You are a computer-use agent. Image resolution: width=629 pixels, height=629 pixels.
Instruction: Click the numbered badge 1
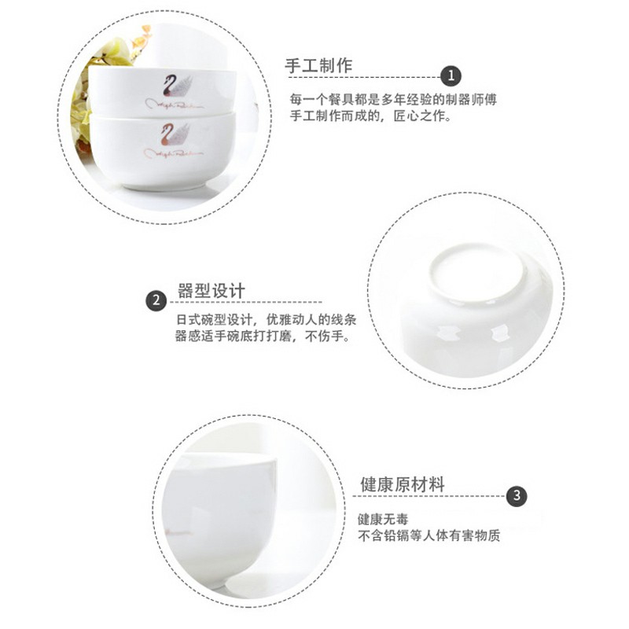click(451, 76)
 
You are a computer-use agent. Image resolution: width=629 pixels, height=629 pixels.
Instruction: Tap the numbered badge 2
click(156, 300)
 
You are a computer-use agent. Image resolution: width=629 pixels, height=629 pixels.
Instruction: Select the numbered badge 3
click(516, 496)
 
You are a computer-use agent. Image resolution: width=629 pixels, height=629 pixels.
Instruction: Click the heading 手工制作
click(318, 66)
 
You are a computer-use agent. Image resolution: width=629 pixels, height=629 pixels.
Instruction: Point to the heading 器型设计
click(212, 291)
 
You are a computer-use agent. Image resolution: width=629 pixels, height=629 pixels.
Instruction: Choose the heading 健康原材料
click(402, 484)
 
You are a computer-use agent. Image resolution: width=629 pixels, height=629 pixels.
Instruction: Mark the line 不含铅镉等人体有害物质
click(429, 537)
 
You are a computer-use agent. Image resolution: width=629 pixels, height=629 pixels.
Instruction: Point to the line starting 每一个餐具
click(393, 101)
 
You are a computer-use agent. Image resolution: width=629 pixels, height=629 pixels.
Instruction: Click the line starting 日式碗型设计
click(260, 320)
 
